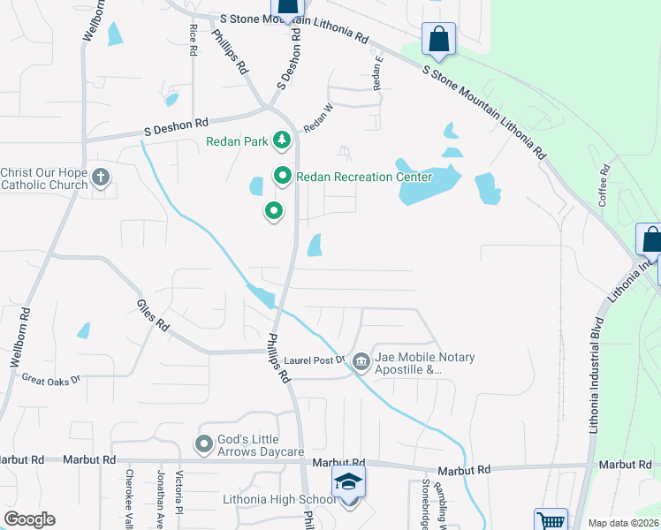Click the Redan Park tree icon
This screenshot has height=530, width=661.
[x=281, y=140]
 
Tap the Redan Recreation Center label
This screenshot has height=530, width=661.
[x=356, y=177]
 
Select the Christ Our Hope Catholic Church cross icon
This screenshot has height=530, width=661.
[x=101, y=178]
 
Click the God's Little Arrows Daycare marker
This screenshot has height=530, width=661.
[x=204, y=445]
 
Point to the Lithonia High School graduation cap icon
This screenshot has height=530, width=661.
[x=348, y=482]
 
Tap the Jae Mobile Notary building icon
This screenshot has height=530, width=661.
[x=361, y=362]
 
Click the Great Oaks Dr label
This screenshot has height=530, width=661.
[x=51, y=379]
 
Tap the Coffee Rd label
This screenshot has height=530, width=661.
[x=605, y=183]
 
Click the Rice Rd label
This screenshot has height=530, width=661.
[x=193, y=41]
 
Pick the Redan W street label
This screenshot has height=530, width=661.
[x=318, y=118]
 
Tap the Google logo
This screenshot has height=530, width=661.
[x=30, y=519]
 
